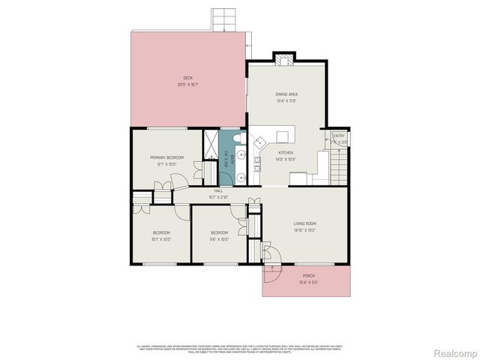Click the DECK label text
point(188,79)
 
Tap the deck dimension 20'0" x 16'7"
point(188,85)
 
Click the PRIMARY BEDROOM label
point(167,157)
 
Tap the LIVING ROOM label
point(304,223)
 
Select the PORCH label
point(308,276)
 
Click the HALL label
point(218,191)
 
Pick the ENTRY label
point(339,136)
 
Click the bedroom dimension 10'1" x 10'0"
point(161,239)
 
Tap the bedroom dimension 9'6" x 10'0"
point(219,239)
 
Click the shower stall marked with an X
point(211,141)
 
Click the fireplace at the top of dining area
point(284,59)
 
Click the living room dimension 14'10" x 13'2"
point(304,229)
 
